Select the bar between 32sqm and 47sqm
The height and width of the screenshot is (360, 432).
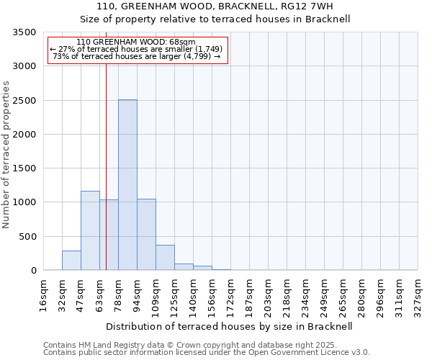[x=71, y=260]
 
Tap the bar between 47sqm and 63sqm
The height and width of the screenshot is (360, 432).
[x=90, y=230]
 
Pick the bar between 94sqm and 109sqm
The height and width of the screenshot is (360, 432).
[x=146, y=234]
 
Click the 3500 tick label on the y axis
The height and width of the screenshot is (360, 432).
[x=24, y=32]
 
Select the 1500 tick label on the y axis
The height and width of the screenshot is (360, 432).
[x=24, y=168]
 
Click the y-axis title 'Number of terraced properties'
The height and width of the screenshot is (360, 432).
[x=6, y=154]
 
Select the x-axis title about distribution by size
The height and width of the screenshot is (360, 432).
[x=230, y=326]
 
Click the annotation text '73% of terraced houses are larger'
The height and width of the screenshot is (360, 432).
[x=136, y=56]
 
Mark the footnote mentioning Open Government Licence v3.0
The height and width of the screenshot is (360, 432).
[x=207, y=353]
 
